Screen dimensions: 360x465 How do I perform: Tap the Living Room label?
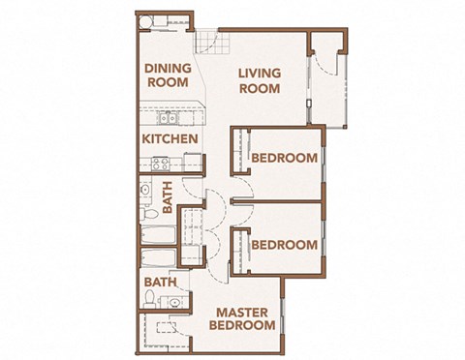[x=259, y=81]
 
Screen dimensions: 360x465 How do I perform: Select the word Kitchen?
[x=170, y=139]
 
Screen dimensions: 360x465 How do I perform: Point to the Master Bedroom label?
[x=242, y=319]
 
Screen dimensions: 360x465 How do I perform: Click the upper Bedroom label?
[x=284, y=159]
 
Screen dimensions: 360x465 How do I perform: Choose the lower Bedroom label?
[x=284, y=245]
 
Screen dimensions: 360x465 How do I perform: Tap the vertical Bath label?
[x=168, y=198]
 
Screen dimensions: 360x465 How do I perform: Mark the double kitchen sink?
[x=166, y=119]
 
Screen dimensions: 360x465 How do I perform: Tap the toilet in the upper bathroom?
[x=150, y=213]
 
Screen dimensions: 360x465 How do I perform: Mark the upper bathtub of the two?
[x=157, y=236]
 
